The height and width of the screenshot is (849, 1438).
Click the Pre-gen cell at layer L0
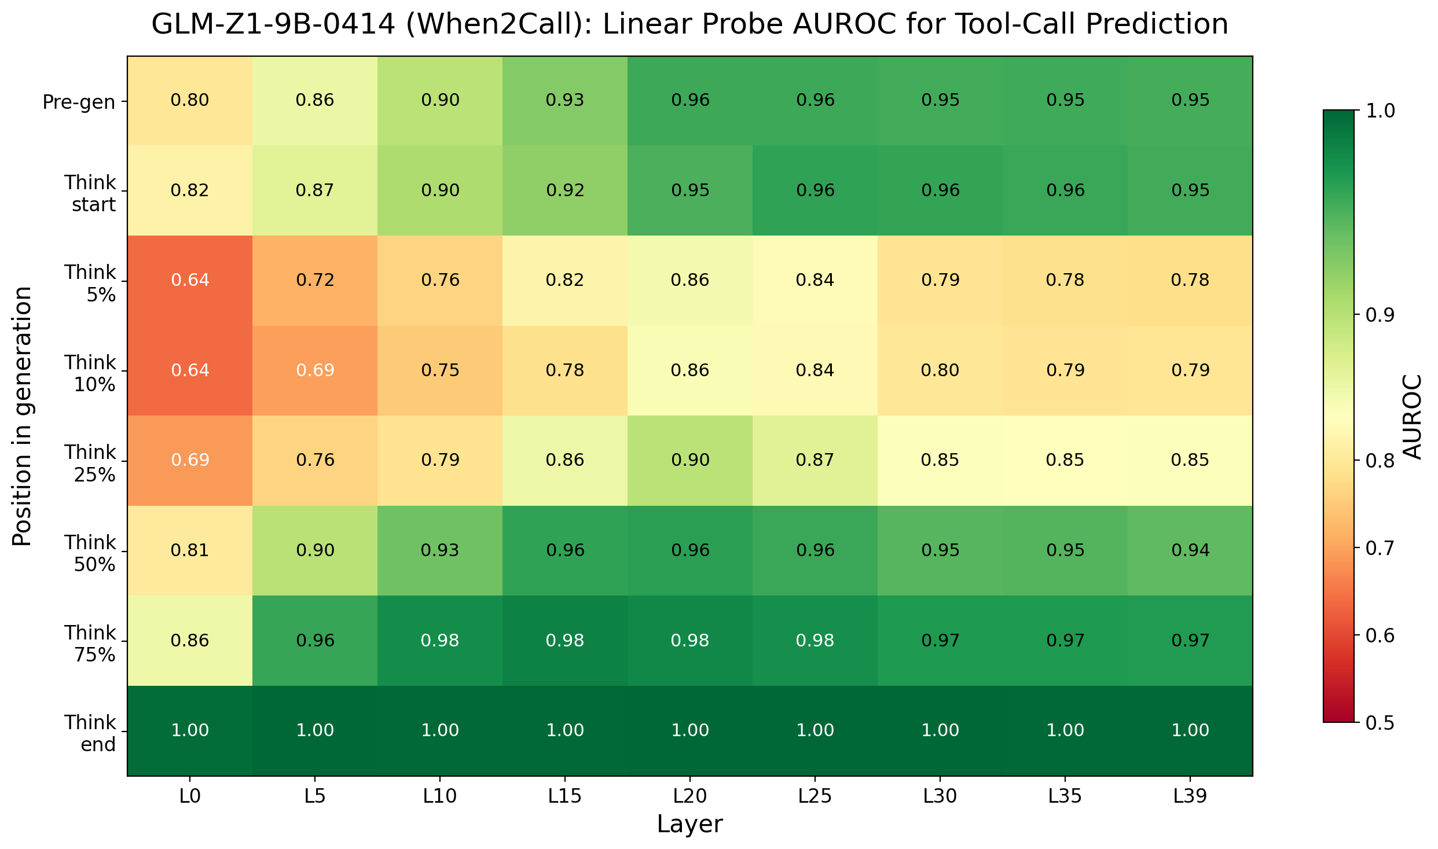coord(190,101)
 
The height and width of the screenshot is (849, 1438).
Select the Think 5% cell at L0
coord(190,281)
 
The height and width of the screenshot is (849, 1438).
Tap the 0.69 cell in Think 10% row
coord(315,370)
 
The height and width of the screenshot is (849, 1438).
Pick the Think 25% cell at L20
coord(690,461)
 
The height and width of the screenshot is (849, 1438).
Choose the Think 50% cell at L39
coord(1190,550)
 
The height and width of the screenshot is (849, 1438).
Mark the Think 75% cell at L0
coord(190,641)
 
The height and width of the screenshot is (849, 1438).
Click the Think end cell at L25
coord(815,730)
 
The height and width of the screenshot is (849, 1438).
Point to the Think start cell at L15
coord(565,190)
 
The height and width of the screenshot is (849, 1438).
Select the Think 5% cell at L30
coord(940,281)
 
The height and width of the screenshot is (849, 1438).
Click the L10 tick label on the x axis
coord(440,797)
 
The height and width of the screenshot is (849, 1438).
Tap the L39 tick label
coord(1190,797)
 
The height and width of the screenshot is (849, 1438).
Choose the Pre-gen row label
coord(79,102)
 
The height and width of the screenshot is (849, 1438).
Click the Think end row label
coord(90,733)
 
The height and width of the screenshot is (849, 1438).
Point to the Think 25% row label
coord(90,463)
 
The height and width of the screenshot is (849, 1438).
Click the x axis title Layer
coord(689,824)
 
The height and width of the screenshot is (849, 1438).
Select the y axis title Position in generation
coord(22,416)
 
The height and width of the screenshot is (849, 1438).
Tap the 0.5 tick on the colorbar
coord(1380,723)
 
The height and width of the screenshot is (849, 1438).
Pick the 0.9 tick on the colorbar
coord(1380,315)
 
